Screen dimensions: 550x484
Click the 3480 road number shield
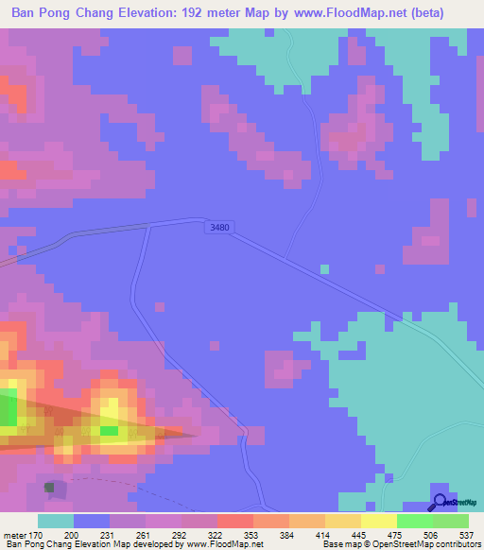tap(217, 228)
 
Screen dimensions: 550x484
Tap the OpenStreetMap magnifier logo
tap(440, 503)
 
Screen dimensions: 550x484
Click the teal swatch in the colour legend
tap(56, 521)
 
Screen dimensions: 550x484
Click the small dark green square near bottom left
tap(49, 488)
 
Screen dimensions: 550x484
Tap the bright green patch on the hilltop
tap(110, 431)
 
